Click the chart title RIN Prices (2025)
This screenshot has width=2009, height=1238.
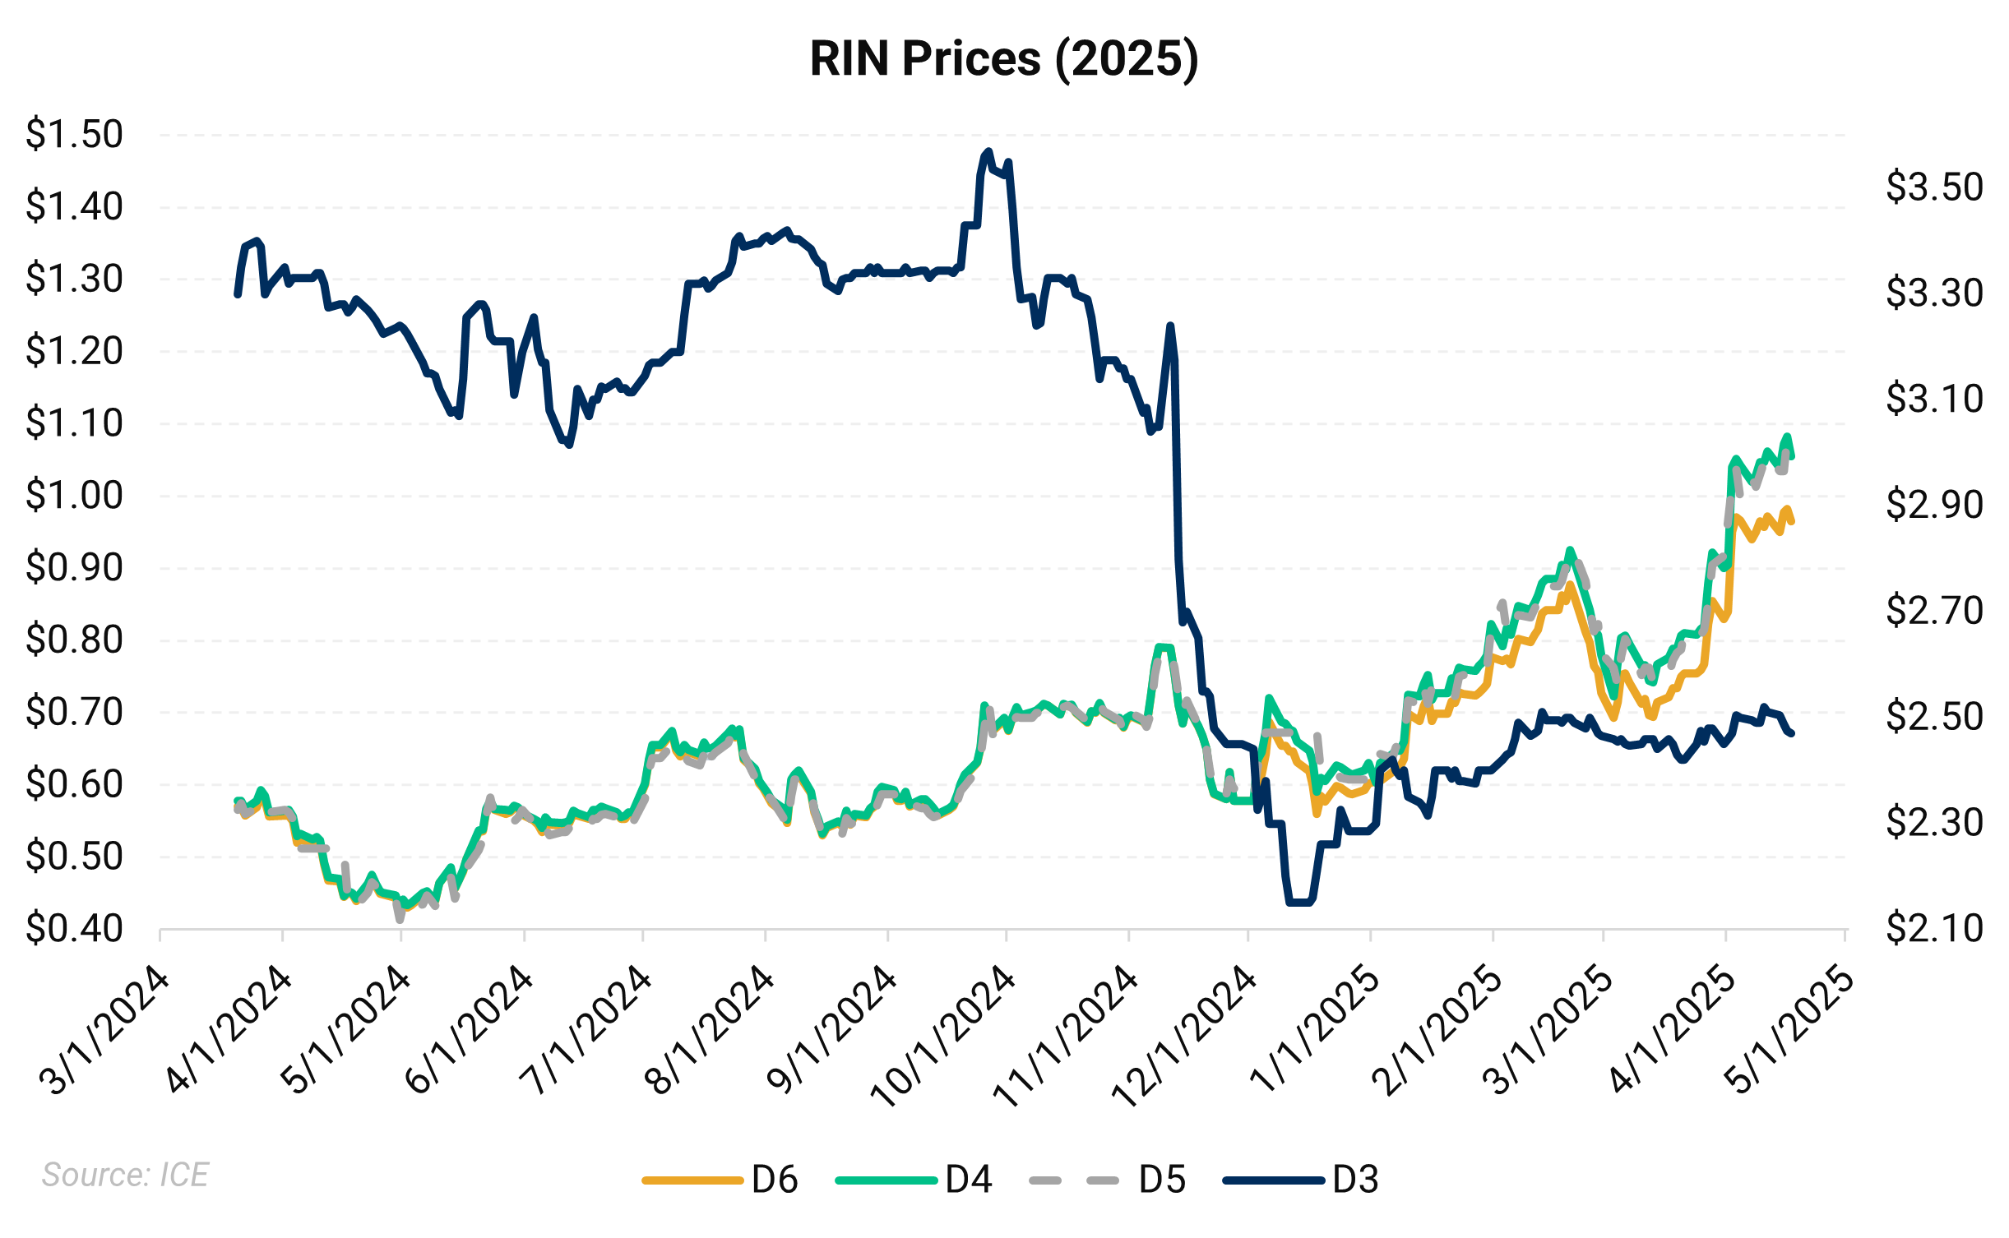click(x=1004, y=59)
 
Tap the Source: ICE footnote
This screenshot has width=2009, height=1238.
click(x=125, y=1175)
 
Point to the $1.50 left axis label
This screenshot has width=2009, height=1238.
click(x=74, y=134)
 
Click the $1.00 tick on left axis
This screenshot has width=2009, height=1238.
click(x=74, y=496)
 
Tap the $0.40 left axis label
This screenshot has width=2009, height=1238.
click(x=74, y=929)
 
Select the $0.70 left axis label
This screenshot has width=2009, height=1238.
click(x=74, y=712)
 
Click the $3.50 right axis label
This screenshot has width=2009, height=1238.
click(x=1934, y=187)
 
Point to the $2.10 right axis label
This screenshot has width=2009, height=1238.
click(x=1934, y=929)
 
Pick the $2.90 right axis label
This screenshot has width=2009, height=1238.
click(x=1934, y=505)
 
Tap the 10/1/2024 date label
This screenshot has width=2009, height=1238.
click(x=944, y=1037)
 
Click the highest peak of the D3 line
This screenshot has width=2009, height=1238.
click(x=988, y=151)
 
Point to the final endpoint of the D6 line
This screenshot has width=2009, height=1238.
click(x=1792, y=521)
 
